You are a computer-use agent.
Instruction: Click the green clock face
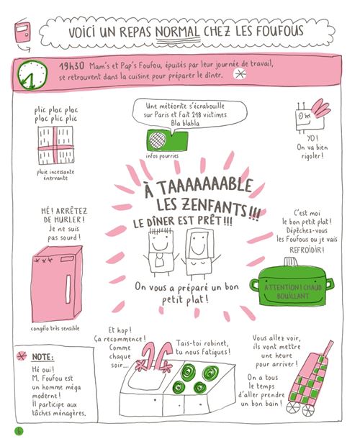[32, 75]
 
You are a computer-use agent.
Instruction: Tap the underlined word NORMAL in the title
[178, 32]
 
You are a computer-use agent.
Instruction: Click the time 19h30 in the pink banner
[72, 66]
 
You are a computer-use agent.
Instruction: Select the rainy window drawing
[55, 145]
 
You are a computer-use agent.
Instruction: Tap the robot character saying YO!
[311, 116]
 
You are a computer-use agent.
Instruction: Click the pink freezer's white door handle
[68, 289]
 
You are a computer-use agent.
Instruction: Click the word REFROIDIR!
[307, 250]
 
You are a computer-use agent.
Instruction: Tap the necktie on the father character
[160, 260]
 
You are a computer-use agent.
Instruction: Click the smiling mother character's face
[198, 244]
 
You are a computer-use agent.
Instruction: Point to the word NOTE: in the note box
[42, 357]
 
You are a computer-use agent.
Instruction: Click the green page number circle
[19, 431]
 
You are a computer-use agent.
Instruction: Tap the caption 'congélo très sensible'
[55, 328]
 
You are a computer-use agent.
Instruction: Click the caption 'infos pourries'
[162, 155]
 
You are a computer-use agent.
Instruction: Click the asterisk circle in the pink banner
[240, 74]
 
